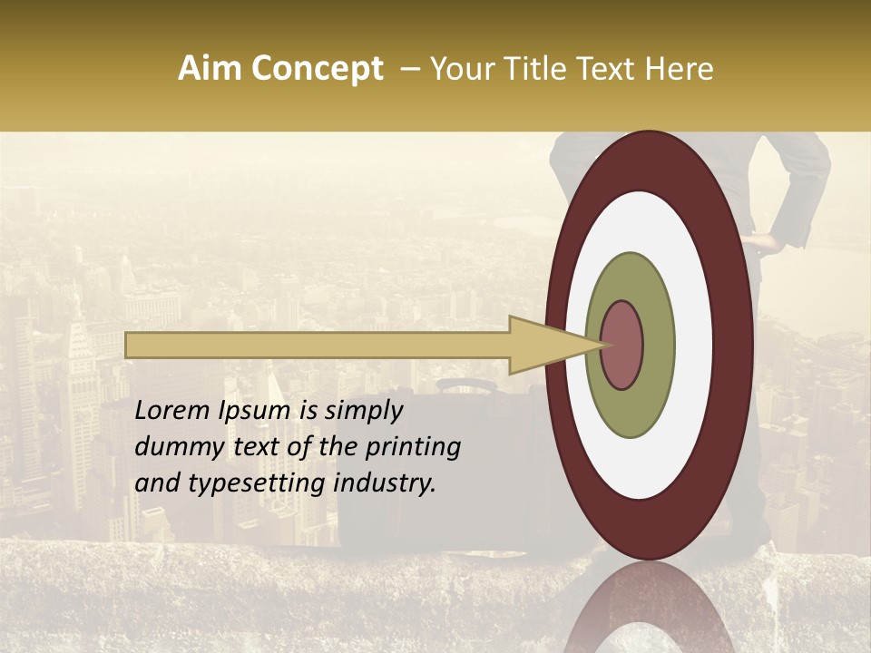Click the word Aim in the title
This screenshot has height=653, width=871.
(210, 69)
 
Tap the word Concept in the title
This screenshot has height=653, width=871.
(317, 69)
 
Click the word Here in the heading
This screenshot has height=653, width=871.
(679, 69)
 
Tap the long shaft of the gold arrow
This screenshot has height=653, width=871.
(318, 346)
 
